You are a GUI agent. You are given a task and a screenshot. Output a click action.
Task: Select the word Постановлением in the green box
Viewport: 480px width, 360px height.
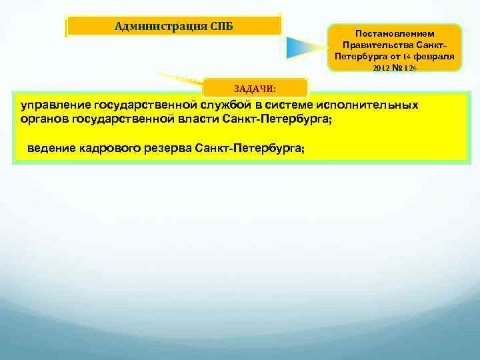395,33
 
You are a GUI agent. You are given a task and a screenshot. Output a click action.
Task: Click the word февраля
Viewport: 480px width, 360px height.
434,57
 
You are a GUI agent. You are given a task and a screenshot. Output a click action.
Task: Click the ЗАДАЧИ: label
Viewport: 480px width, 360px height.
255,88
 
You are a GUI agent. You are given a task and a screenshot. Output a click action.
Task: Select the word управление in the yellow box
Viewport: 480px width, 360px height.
55,105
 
